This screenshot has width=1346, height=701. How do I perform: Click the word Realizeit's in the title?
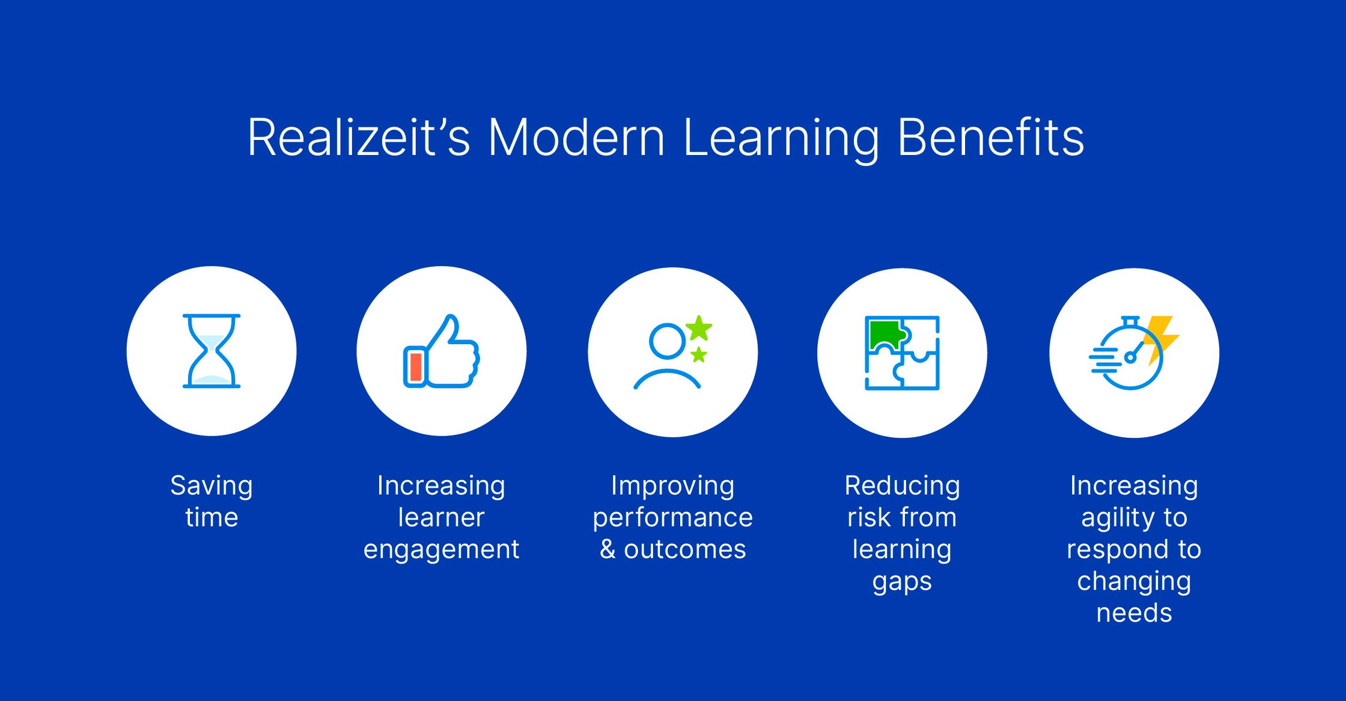pos(358,138)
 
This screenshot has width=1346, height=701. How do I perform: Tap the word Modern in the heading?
pos(576,138)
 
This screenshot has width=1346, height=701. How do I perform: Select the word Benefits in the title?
pos(990,138)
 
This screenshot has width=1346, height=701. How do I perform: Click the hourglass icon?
pos(212,351)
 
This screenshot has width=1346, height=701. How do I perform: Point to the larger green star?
pos(698,328)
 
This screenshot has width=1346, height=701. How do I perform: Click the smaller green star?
pos(698,354)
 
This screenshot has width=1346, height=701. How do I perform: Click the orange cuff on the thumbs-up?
pos(415,366)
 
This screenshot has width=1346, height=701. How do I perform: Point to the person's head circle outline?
pos(667,341)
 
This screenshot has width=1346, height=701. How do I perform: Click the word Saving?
pos(212,485)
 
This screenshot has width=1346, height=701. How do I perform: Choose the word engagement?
pos(441,550)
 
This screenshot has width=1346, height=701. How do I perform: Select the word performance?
pos(672,518)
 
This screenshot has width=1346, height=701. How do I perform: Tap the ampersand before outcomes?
pos(608,549)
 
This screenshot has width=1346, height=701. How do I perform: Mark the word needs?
pos(1134,613)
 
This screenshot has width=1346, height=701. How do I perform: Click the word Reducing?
pos(902,485)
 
